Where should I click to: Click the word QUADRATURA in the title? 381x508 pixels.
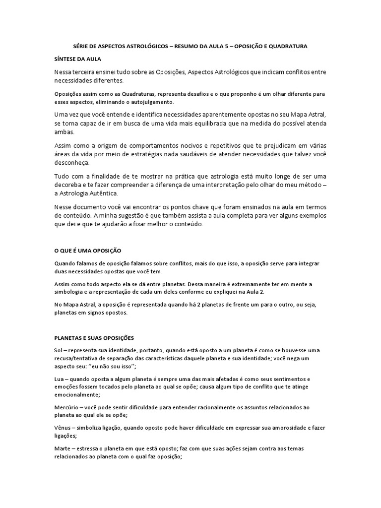click(x=289, y=46)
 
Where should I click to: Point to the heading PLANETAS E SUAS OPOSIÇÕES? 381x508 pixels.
click(x=95, y=337)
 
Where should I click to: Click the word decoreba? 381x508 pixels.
click(x=70, y=185)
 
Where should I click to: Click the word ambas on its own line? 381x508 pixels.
click(x=63, y=132)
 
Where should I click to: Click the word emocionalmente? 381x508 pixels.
click(x=77, y=395)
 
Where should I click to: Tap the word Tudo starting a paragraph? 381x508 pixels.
click(x=62, y=177)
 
